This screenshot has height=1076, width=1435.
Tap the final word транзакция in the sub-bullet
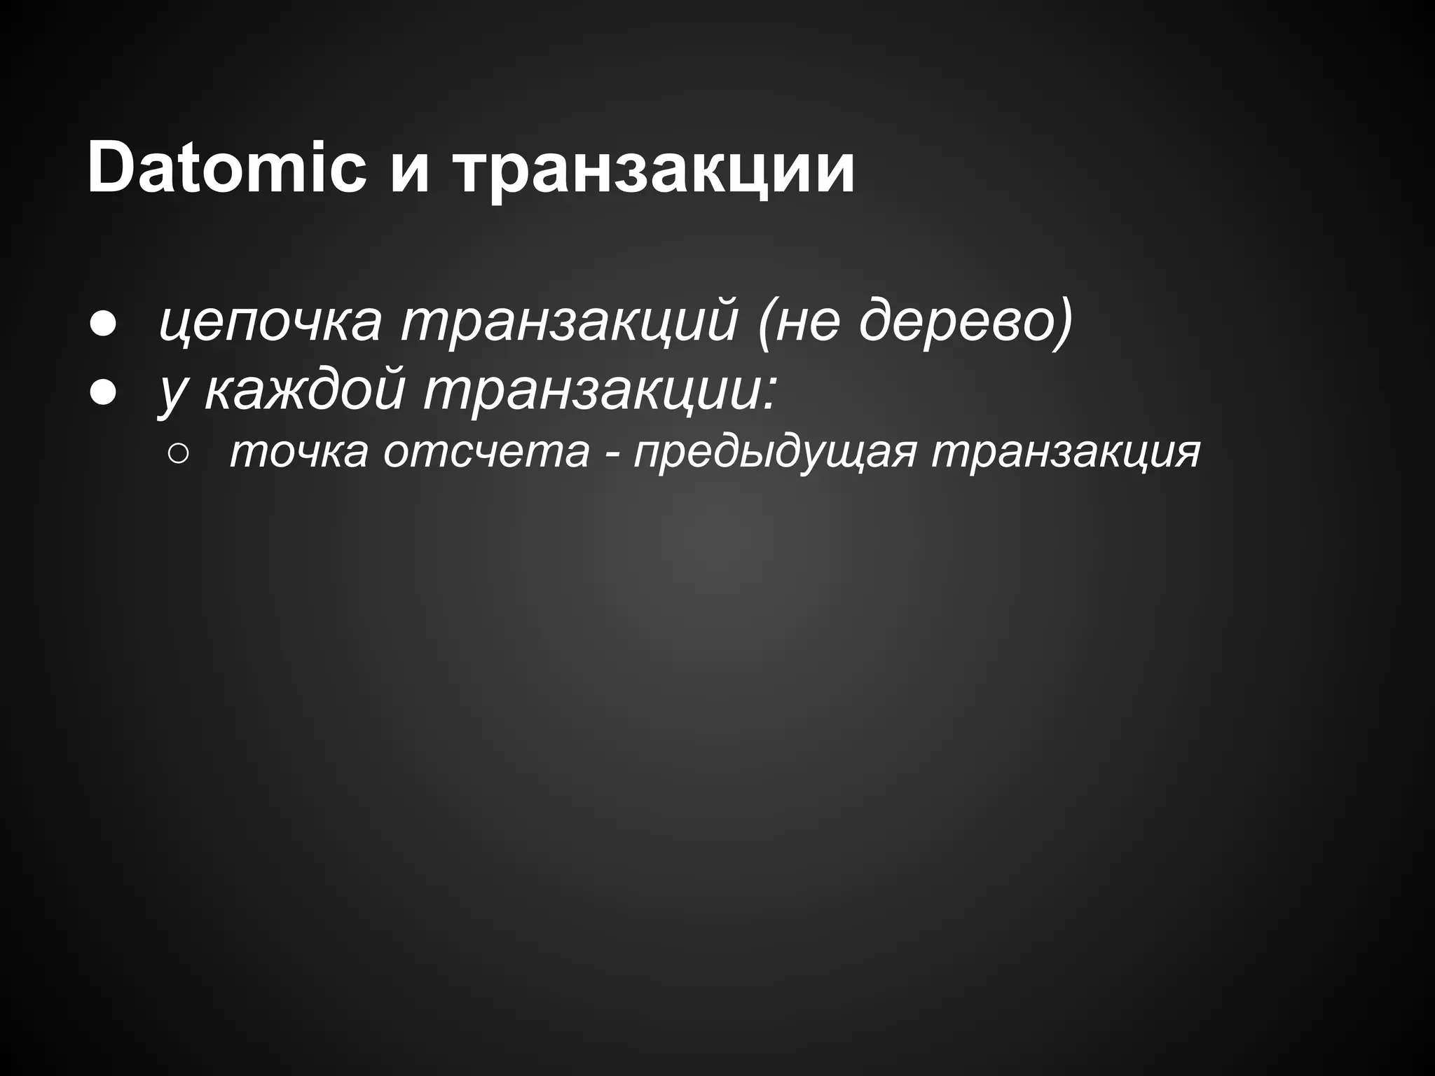click(1066, 452)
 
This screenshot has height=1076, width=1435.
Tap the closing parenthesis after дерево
click(1062, 322)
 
